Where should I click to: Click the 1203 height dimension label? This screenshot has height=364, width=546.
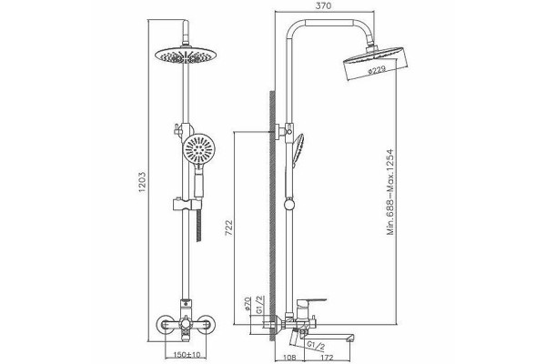coord(143,182)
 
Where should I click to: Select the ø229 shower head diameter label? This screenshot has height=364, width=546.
coord(377,70)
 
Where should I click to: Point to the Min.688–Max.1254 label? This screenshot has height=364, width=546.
coord(390,192)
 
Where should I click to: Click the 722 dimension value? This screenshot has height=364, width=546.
coord(228,227)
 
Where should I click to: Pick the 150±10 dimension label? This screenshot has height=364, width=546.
coord(187,355)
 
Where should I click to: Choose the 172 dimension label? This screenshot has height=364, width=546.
coord(327,358)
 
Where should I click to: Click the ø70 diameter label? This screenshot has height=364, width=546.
coord(248,303)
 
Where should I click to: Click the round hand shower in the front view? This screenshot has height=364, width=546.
coord(198,148)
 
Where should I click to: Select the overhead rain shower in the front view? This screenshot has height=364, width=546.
coord(186,56)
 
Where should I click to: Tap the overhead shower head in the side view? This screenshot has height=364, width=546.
coord(375,64)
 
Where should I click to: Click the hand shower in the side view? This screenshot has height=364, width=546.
coord(298,150)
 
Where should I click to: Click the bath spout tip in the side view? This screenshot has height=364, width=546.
coord(352,338)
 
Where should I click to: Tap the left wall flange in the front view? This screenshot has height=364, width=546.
coord(165,325)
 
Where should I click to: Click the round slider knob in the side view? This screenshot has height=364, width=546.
coord(289,204)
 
